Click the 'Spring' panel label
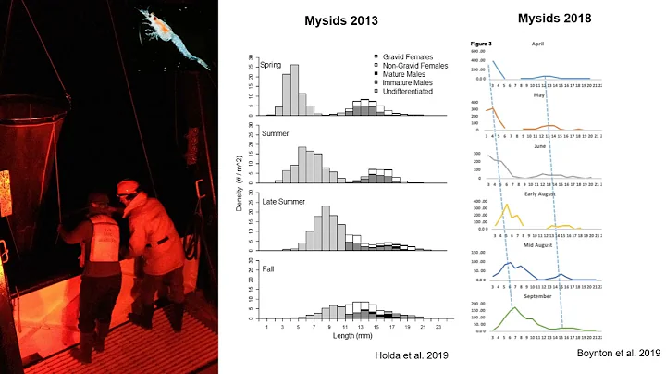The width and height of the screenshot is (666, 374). pos(272,65)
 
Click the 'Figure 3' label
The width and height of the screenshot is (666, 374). pos(480,44)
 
